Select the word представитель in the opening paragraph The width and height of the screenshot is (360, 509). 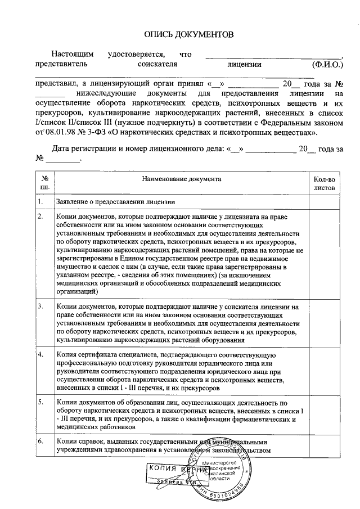[x=57, y=65]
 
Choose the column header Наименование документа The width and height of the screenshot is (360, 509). [x=181, y=178]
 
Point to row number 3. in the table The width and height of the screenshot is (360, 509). [x=40, y=307]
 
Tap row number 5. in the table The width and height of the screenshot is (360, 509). [x=40, y=403]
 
